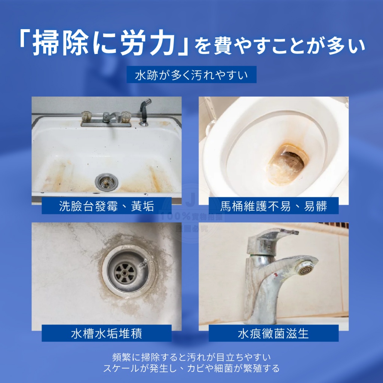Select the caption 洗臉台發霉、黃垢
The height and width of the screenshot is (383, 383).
point(107,206)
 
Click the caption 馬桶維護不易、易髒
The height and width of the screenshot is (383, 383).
point(273,206)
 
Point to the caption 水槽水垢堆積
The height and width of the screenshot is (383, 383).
point(107,333)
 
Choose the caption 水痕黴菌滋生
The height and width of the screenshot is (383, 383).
point(273,333)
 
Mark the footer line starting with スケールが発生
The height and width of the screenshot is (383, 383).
point(191,368)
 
